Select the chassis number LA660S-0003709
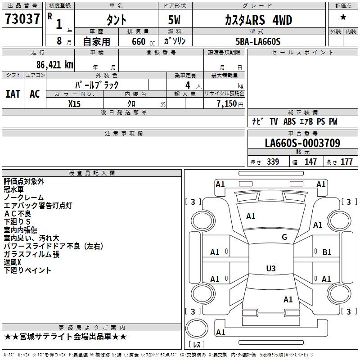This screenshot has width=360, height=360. pos(302,143)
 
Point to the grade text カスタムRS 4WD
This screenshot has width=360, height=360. pos(258,20)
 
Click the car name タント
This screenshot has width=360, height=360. pos(116,20)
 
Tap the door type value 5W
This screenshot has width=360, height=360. pos(175,20)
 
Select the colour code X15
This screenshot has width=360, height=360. pos(74,103)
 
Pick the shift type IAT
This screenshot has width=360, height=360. pos(13,94)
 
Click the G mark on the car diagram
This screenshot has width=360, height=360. pos(284,237)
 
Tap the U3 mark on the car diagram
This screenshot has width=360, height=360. pos(270,269)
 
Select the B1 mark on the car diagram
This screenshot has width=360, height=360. pos(327,252)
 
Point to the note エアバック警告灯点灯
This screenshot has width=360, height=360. pos(38,206)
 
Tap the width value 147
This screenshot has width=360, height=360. pos(310,162)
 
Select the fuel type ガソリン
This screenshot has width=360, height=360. pos(175,41)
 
